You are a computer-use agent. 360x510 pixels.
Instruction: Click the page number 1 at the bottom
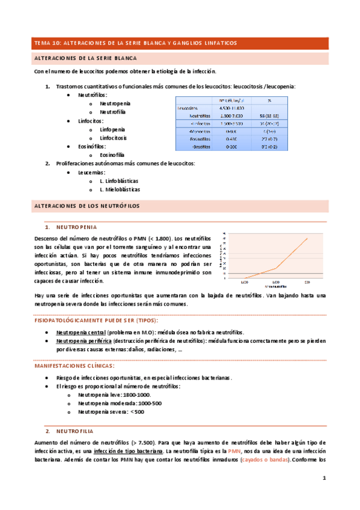coord(323,479)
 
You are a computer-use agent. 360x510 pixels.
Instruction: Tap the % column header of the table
coord(269,100)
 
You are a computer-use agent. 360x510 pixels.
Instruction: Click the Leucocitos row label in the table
coord(189,108)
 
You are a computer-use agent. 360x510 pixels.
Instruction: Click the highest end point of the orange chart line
coord(308,238)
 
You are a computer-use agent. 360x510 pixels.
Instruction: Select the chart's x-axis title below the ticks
coord(276,287)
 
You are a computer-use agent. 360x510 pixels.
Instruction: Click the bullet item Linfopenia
coord(112,129)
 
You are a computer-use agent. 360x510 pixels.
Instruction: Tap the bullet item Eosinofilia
coord(112,155)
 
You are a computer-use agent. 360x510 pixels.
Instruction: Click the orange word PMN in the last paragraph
coord(233,451)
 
